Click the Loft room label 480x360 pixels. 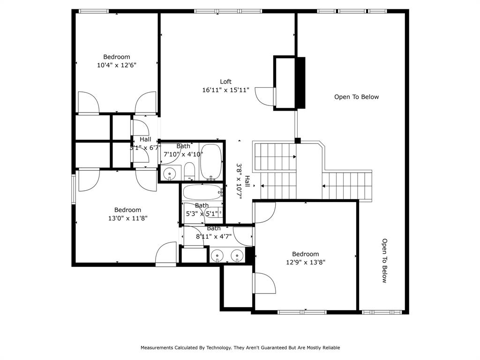(x=226, y=82)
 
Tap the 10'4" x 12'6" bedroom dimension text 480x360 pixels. (x=117, y=66)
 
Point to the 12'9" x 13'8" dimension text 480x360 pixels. (x=306, y=262)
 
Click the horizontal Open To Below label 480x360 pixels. (x=356, y=97)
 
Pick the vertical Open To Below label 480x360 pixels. (x=384, y=261)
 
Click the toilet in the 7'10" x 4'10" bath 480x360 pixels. (x=189, y=171)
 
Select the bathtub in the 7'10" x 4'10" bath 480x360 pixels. (x=211, y=162)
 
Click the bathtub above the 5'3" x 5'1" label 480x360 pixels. (x=202, y=192)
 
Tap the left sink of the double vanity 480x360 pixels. (x=217, y=256)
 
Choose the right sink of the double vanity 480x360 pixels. (x=237, y=256)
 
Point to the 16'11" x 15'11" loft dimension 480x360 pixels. (x=226, y=90)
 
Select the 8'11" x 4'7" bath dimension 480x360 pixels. (x=214, y=236)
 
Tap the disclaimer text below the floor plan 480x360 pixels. (x=240, y=348)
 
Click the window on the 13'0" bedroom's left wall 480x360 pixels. (x=73, y=189)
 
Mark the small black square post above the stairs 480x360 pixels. (x=297, y=140)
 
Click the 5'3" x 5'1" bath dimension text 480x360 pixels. (x=202, y=214)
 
